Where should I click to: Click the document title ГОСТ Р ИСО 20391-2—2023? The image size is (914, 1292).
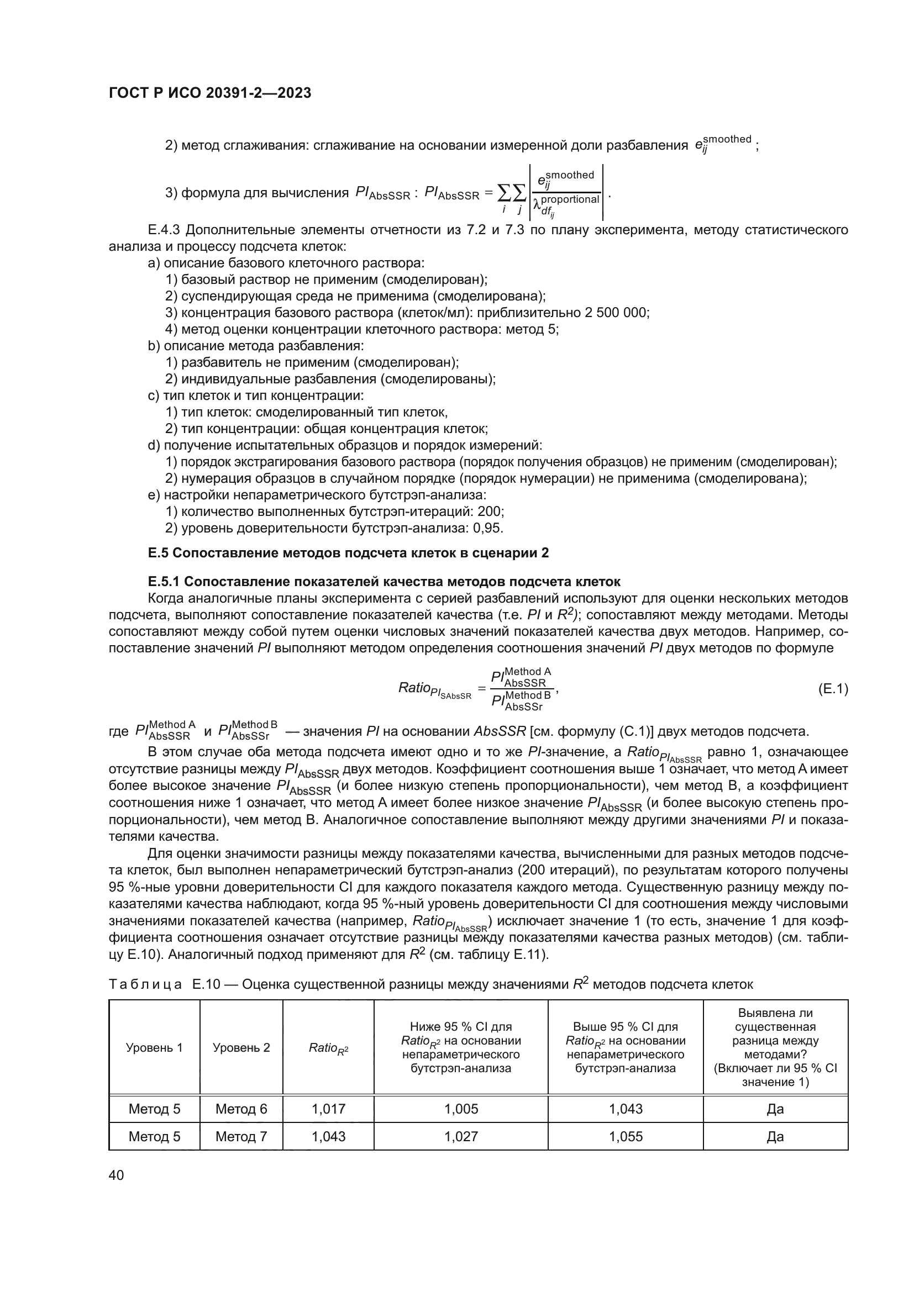pos(210,93)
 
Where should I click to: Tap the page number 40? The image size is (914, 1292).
pos(116,1175)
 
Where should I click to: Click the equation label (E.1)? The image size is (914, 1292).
pos(832,689)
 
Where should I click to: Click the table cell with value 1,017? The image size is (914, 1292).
pos(328,1109)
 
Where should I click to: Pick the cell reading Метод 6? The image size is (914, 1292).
pos(241,1109)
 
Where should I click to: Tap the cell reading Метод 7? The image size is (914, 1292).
pos(241,1136)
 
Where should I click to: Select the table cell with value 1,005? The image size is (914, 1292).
pos(461,1109)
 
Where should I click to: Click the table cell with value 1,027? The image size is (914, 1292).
pos(461,1136)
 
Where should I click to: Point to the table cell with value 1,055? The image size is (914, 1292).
pos(626,1136)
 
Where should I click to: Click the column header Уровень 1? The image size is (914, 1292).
pos(154,1047)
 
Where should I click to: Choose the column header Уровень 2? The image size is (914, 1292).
pos(241,1047)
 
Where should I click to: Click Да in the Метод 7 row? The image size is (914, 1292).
pos(775,1136)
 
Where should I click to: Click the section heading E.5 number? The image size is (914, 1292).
pos(158,553)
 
